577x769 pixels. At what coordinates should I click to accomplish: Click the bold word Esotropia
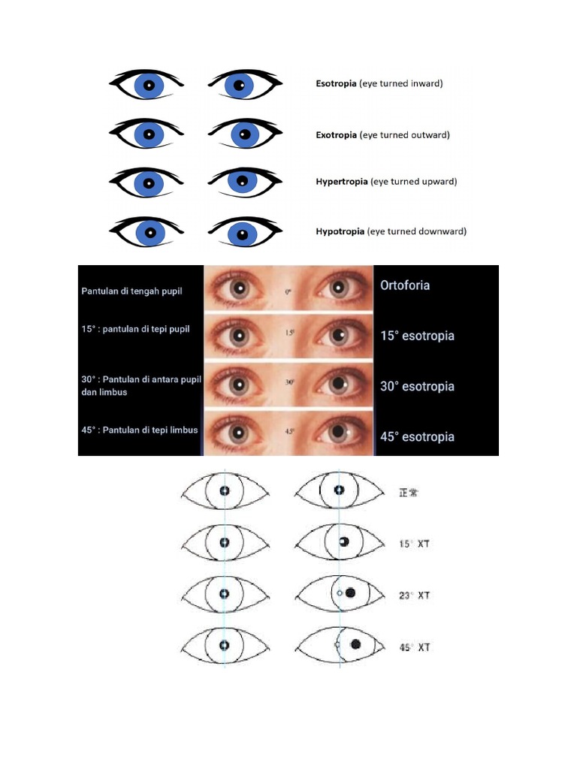(x=336, y=84)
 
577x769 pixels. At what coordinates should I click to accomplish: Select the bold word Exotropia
(x=336, y=135)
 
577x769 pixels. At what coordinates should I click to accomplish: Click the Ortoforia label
(x=405, y=285)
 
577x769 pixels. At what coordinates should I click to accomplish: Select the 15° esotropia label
(x=417, y=336)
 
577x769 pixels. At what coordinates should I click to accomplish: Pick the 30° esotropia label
(x=417, y=386)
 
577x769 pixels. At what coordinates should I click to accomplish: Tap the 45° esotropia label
(x=417, y=436)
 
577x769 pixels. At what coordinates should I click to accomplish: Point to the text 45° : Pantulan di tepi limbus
(x=140, y=430)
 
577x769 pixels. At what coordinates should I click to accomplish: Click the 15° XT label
(x=414, y=543)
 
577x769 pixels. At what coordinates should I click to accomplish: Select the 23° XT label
(x=414, y=595)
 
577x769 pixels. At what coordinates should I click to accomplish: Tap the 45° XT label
(x=414, y=647)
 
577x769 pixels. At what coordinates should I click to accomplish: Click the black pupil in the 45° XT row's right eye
(x=355, y=644)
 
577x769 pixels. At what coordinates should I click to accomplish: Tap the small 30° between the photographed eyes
(x=289, y=381)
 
